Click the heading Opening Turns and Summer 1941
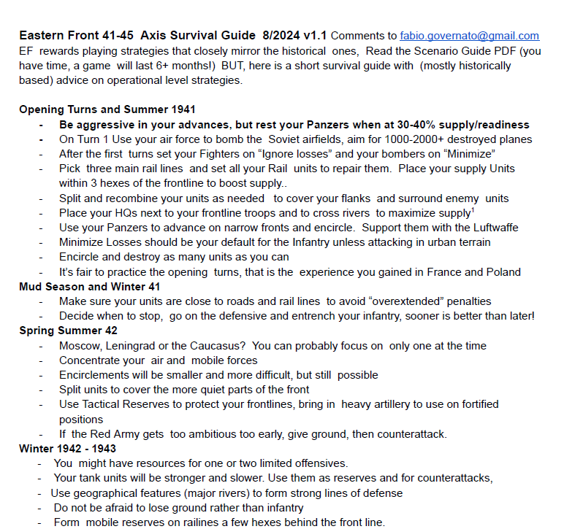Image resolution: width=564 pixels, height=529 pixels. point(107,109)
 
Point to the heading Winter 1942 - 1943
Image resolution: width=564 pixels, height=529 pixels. point(67,449)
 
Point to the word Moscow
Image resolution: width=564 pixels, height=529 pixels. point(80,346)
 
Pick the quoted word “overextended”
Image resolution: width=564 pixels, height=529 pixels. point(400,301)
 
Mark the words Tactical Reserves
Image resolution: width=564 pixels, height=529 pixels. point(124,404)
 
